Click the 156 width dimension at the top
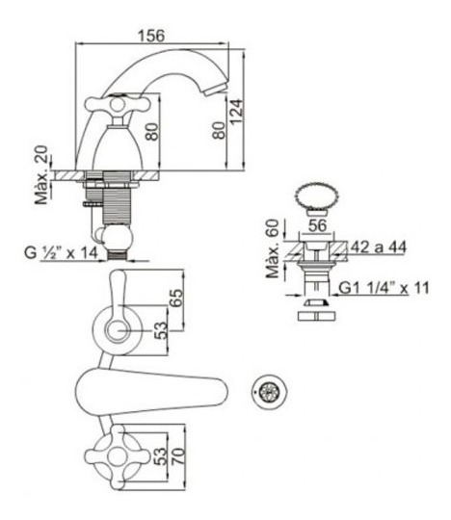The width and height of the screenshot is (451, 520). [x=151, y=36]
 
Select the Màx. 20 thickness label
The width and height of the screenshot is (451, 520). [x=42, y=174]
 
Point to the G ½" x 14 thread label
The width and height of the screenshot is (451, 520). [x=61, y=253]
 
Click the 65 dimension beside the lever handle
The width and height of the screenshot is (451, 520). [x=176, y=299]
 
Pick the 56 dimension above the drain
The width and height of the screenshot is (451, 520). [x=318, y=226]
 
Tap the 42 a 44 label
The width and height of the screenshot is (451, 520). [x=379, y=247]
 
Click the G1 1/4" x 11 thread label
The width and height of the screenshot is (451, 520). [x=384, y=288]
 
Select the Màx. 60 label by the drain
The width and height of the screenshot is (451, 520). [x=274, y=248]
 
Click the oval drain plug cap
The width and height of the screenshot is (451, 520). [x=318, y=198]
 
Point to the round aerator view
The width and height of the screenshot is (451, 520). [x=269, y=391]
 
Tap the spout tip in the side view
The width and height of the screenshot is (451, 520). [x=215, y=90]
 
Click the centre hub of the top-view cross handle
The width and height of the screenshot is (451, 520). [x=118, y=456]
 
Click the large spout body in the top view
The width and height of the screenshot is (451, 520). [x=151, y=392]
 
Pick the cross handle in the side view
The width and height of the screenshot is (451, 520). [x=118, y=104]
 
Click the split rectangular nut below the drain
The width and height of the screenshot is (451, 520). [x=317, y=316]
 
